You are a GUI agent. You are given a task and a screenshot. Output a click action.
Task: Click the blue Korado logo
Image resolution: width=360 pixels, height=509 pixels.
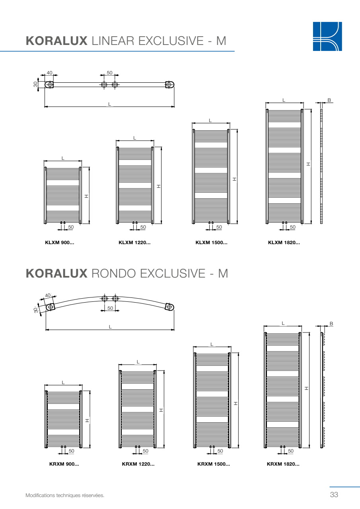327,36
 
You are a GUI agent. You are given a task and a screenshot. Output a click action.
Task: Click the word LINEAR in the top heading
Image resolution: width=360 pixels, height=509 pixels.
113,41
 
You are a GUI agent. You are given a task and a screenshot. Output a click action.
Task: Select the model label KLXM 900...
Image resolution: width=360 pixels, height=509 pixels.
60,243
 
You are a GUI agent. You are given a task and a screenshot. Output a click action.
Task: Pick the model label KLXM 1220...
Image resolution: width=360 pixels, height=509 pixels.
134,243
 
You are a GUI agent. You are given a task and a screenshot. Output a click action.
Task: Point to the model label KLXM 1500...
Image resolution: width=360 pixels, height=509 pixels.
211,243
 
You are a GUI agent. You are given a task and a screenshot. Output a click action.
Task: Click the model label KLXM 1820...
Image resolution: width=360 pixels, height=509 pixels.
284,243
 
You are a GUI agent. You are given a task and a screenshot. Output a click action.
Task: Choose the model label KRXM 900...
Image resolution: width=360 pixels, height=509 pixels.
64,464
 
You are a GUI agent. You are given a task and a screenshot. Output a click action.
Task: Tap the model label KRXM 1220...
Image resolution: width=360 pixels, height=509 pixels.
138,464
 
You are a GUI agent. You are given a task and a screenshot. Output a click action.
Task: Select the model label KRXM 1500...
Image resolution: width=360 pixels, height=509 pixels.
214,464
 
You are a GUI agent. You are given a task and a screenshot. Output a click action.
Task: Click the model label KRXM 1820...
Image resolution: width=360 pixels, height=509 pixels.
283,464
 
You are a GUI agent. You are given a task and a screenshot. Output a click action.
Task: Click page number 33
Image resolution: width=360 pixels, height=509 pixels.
334,494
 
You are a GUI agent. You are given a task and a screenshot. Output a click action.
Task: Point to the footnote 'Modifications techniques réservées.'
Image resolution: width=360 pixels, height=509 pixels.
65,495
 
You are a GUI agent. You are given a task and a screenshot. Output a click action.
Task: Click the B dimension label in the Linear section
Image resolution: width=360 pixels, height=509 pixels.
329,100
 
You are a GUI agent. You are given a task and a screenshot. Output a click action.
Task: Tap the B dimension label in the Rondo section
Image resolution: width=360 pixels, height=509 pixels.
331,324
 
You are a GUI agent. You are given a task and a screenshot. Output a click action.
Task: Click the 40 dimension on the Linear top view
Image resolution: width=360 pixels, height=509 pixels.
49,73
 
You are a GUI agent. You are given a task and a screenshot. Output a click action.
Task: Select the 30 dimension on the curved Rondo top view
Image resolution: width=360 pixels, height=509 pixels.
36,310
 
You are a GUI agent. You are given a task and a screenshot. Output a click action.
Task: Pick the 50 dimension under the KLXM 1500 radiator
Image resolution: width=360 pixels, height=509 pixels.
219,227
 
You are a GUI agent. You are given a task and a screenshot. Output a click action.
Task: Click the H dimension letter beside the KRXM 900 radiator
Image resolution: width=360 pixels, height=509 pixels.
87,421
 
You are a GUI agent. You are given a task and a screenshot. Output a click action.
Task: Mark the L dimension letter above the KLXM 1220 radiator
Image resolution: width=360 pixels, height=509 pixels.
134,138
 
